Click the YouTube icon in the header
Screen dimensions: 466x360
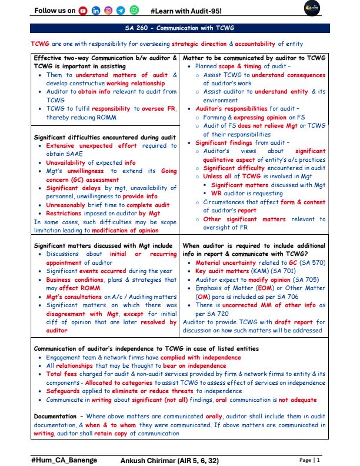point(82,11)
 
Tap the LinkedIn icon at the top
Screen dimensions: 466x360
point(95,11)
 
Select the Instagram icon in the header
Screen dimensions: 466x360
point(108,11)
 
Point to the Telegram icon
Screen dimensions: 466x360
point(121,11)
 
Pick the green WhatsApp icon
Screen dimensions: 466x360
point(135,11)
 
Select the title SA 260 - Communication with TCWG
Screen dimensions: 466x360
point(180,28)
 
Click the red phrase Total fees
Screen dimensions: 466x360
point(63,373)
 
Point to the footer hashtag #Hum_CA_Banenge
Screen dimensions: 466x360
point(64,459)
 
